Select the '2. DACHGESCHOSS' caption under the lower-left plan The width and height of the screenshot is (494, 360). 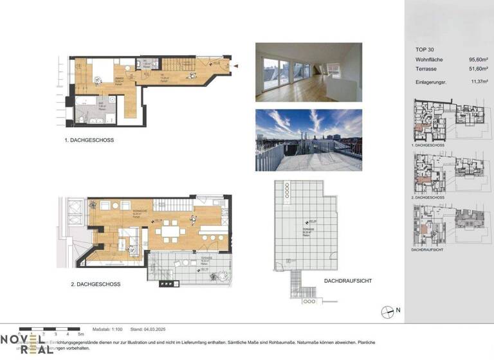click(96, 283)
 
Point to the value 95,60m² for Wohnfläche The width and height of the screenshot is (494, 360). click(470, 60)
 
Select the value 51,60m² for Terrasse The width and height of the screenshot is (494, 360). click(470, 70)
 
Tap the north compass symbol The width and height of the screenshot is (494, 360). click(389, 311)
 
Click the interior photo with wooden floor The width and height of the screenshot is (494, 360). click(308, 72)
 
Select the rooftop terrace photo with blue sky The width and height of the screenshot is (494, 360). click(308, 139)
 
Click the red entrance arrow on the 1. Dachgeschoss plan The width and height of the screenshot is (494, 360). click(237, 66)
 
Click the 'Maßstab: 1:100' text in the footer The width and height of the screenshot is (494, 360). click(107, 328)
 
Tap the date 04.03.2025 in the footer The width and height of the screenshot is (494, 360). click(152, 328)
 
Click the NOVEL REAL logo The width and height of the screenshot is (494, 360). click(23, 345)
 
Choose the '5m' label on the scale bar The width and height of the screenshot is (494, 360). click(80, 335)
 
